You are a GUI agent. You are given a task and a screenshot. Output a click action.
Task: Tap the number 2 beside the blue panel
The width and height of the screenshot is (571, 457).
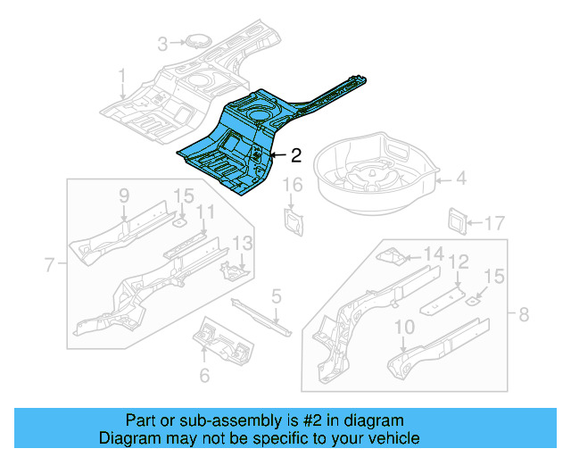296,155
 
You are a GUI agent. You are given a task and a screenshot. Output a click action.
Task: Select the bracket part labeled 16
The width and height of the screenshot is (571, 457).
292,220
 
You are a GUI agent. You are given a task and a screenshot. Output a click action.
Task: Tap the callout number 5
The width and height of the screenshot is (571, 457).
277,295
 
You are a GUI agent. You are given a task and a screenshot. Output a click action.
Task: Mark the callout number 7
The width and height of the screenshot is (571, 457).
50,263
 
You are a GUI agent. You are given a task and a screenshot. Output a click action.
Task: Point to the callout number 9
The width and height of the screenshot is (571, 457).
124,195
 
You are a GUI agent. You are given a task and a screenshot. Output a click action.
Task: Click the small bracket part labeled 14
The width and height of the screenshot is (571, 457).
391,257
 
